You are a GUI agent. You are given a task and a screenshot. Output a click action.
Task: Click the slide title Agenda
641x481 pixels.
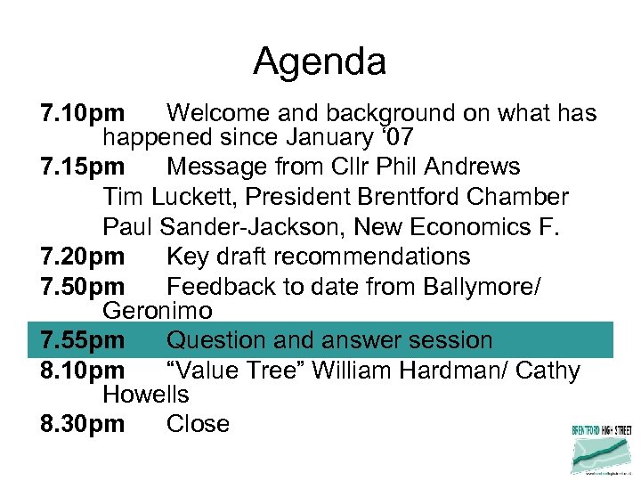click(x=320, y=61)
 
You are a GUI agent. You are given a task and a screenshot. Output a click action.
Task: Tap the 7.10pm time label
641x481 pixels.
click(x=83, y=113)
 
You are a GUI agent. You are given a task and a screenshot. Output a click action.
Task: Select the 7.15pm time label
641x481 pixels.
click(x=83, y=167)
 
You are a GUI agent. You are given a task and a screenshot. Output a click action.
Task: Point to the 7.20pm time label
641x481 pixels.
click(x=83, y=257)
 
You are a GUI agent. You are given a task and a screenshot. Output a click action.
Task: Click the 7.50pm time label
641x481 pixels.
click(x=83, y=287)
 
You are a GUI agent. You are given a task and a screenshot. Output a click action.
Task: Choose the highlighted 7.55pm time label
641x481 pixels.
click(x=83, y=340)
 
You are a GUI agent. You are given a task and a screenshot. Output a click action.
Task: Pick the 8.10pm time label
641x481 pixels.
click(x=83, y=371)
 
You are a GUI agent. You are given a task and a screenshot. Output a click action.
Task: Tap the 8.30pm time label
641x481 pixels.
click(x=83, y=424)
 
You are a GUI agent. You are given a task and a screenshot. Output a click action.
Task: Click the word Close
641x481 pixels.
click(x=198, y=424)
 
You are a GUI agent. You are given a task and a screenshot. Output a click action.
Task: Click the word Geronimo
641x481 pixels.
click(x=158, y=311)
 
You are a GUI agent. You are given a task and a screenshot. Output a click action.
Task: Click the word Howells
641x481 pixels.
click(x=146, y=394)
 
